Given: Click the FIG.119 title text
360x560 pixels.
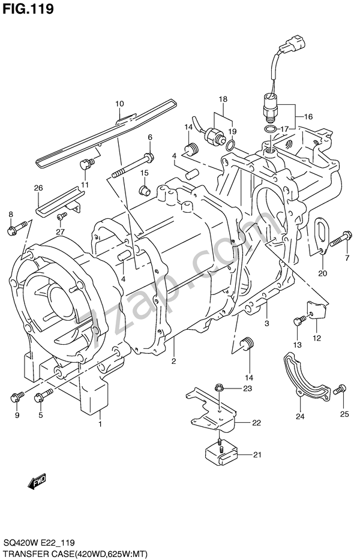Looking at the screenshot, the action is [x=28, y=8].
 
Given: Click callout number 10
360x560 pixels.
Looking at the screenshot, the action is [x=119, y=104].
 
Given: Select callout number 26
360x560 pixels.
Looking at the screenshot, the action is [x=38, y=188].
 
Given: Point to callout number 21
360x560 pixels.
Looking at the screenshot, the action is [x=257, y=454].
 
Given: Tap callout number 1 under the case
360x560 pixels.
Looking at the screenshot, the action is [x=100, y=424].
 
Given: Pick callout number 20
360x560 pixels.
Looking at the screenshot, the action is [x=322, y=273].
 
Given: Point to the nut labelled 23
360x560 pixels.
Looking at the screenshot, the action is [x=218, y=388].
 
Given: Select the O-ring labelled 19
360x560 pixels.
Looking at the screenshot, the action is [x=232, y=143].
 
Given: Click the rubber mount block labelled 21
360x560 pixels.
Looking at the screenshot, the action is [x=221, y=453].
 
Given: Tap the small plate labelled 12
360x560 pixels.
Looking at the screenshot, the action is [x=317, y=311].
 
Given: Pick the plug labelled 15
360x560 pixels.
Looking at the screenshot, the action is [x=145, y=189].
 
